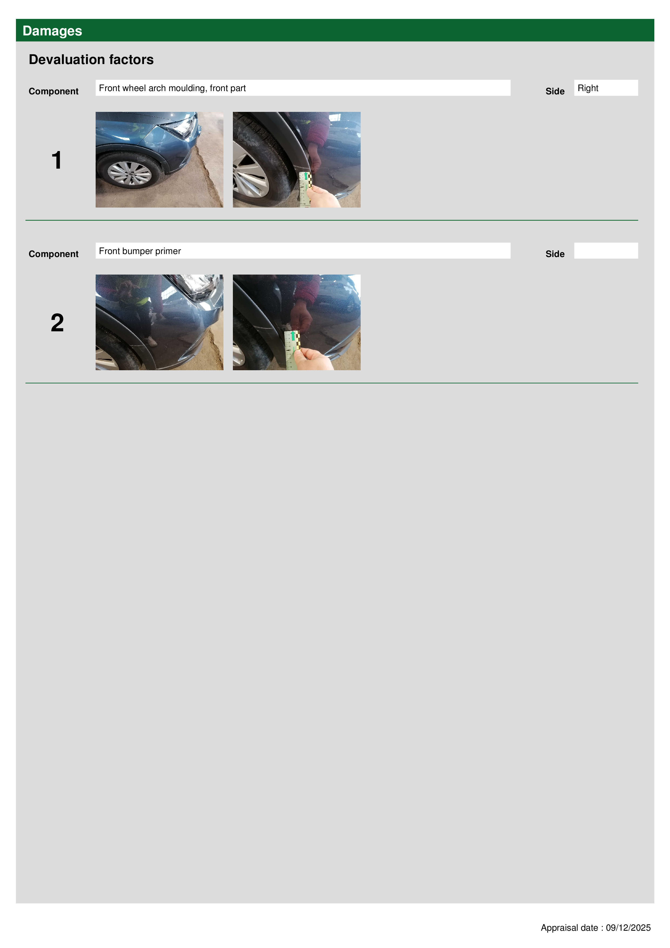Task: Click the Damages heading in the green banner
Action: point(52,31)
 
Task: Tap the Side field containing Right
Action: point(606,88)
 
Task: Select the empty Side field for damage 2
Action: point(606,251)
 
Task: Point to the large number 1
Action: point(56,160)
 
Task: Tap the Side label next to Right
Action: point(555,91)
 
